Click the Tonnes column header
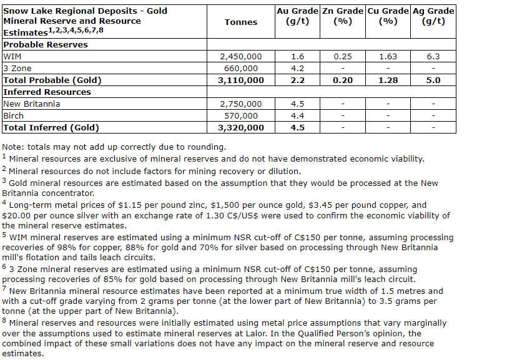pyautogui.click(x=240, y=22)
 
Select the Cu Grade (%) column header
pyautogui.click(x=388, y=16)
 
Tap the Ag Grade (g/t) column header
pyautogui.click(x=433, y=16)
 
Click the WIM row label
pyautogui.click(x=12, y=56)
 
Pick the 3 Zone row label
pyautogui.click(x=17, y=68)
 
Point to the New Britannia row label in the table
pyautogui.click(x=32, y=104)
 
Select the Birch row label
pyautogui.click(x=13, y=115)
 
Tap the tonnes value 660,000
pyautogui.click(x=240, y=68)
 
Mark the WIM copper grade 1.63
pyautogui.click(x=388, y=56)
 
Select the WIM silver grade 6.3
pyautogui.click(x=433, y=56)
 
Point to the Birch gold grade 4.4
pyautogui.click(x=298, y=115)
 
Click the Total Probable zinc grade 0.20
pyautogui.click(x=343, y=80)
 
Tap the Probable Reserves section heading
pyautogui.click(x=46, y=44)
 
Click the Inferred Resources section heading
pyautogui.click(x=47, y=92)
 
